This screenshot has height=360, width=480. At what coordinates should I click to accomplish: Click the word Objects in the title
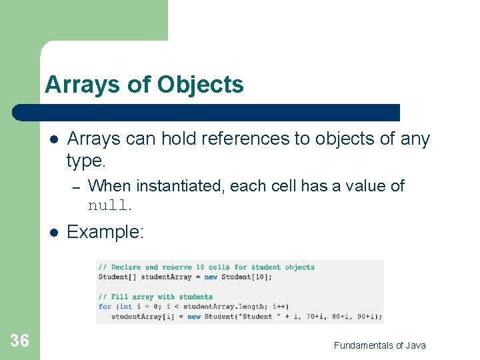(x=200, y=85)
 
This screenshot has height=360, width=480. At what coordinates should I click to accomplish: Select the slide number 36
(x=20, y=341)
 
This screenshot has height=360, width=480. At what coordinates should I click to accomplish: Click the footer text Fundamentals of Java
(x=379, y=345)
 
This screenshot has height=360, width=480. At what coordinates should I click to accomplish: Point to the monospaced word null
(x=109, y=205)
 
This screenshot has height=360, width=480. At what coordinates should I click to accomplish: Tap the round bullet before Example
(x=54, y=232)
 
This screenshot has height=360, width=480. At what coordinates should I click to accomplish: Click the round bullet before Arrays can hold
(x=54, y=139)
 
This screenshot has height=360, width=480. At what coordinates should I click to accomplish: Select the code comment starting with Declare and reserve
(x=207, y=267)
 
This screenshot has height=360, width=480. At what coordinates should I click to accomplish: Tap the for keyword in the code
(x=104, y=307)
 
